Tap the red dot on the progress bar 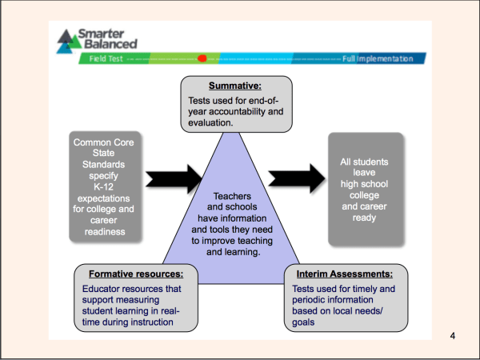(202, 58)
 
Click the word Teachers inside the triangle (232, 196)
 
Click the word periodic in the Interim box (313, 300)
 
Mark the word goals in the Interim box (302, 322)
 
